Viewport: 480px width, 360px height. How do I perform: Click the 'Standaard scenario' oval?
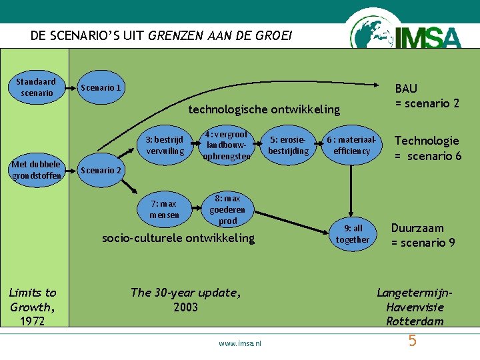point(37,87)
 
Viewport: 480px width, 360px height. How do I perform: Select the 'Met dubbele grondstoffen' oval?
point(36,170)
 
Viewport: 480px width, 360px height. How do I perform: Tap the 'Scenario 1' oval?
point(101,88)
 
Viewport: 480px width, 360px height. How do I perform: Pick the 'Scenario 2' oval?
point(101,170)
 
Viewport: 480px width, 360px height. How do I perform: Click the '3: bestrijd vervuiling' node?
point(165,145)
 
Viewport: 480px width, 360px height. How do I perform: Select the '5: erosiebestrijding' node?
point(289,145)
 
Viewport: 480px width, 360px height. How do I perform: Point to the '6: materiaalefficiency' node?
point(351,145)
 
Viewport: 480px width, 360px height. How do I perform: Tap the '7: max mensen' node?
point(164,209)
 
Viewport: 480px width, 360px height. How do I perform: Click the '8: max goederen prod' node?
point(227,209)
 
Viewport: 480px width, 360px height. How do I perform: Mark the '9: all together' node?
point(352,233)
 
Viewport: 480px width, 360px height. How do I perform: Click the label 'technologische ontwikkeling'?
point(264,109)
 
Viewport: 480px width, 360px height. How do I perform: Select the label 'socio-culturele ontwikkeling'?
point(178,238)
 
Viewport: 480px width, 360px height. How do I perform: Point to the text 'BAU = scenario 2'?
point(427,95)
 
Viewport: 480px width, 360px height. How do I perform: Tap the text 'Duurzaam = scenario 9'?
point(423,235)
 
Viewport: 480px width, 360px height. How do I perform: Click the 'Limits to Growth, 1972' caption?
point(33,307)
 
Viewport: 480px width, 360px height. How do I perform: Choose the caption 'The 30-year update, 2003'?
point(185,299)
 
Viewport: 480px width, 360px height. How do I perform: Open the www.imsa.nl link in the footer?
point(240,343)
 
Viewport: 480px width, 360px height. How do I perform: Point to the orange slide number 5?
point(412,341)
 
